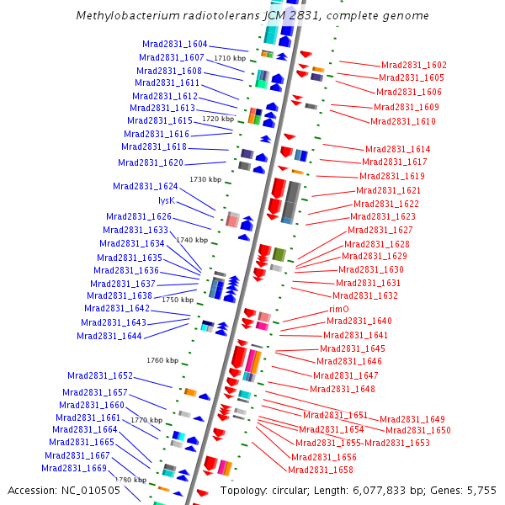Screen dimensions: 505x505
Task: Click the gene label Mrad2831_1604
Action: coord(174,44)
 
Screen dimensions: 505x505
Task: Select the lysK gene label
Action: coord(167,200)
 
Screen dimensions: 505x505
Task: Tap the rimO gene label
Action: coord(339,309)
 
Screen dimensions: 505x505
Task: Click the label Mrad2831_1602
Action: coord(414,65)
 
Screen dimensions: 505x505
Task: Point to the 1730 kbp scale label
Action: coord(205,179)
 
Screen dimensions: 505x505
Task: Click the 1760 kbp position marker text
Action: coord(162,360)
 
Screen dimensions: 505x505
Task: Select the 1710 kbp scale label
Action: coord(230,58)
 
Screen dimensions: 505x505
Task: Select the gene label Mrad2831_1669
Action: coord(74,468)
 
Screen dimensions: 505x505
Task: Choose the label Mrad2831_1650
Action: coord(418,430)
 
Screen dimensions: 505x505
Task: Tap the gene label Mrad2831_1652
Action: coord(100,375)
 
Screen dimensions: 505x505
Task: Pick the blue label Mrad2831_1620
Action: coord(151,162)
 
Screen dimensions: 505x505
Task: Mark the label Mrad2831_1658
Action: coord(321,470)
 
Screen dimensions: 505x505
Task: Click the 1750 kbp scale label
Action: coord(178,300)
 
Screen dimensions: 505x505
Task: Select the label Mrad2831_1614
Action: coord(397,149)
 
